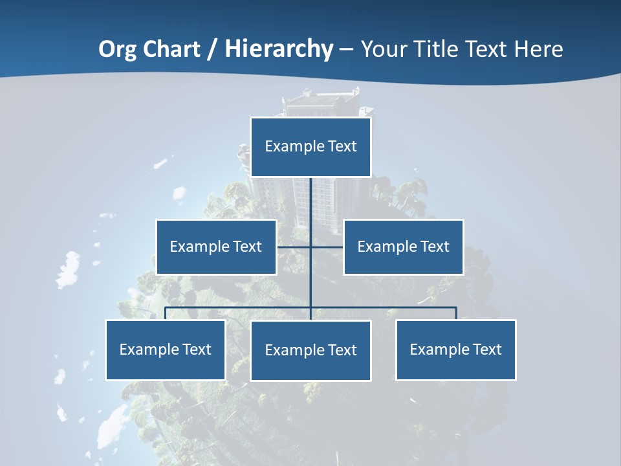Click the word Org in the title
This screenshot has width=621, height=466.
[x=118, y=49]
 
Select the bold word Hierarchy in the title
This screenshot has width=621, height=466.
[x=279, y=49]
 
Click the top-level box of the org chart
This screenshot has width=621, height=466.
[x=310, y=147]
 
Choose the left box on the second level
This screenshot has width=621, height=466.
[x=216, y=247]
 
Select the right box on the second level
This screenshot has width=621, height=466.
[x=403, y=247]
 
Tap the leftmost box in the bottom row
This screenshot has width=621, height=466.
[x=165, y=350]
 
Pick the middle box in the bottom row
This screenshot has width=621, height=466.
[x=310, y=351]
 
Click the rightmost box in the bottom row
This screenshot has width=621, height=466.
[x=455, y=350]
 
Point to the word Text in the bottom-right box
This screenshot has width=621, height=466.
[x=486, y=350]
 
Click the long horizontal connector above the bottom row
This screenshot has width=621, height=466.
[x=239, y=307]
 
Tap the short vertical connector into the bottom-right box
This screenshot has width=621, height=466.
[x=456, y=313]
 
